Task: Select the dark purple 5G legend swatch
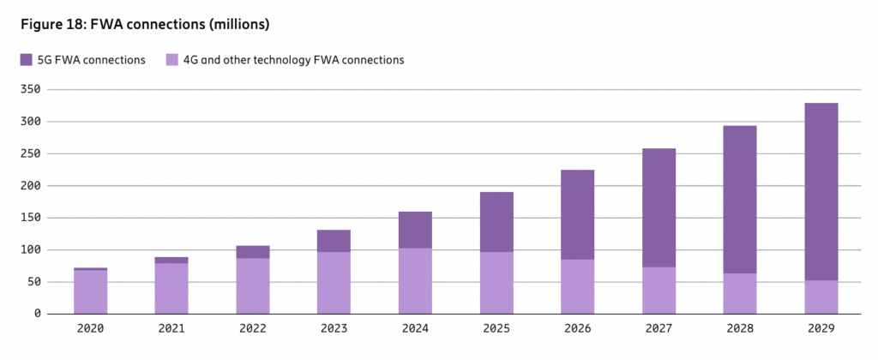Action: pos(26,60)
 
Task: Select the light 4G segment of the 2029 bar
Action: pos(821,297)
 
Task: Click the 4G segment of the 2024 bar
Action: pos(415,280)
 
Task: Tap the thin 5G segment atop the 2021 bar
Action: pos(171,260)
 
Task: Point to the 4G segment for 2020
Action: pos(90,291)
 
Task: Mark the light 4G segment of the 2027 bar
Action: pos(658,290)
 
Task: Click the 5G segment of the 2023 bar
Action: pos(334,241)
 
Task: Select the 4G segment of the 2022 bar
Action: pos(253,285)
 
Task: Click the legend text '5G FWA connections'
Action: pos(90,60)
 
